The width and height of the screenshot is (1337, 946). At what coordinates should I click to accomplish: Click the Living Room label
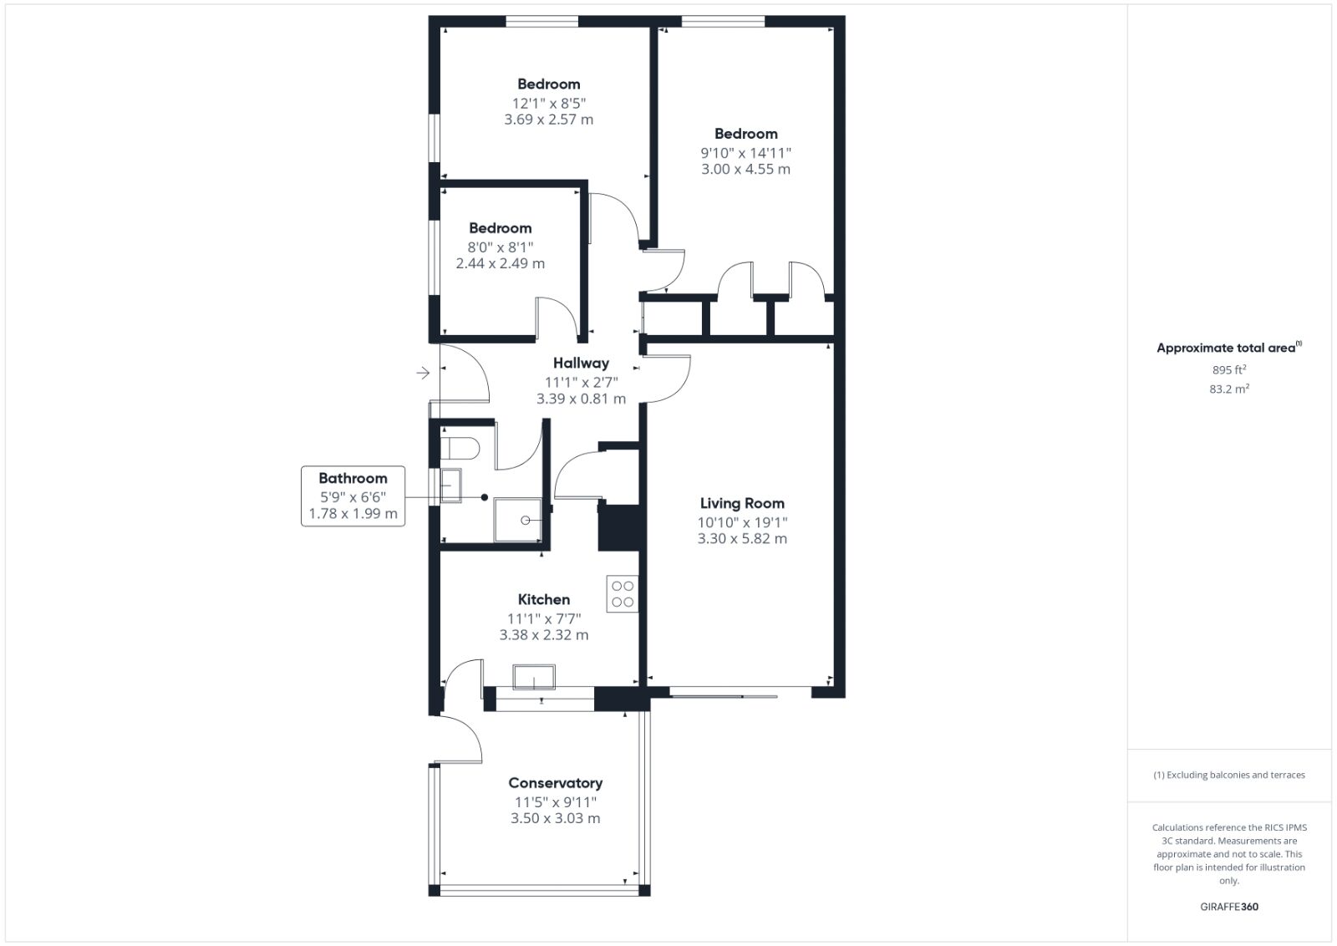point(742,504)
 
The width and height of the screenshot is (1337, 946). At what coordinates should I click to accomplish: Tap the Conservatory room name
point(555,783)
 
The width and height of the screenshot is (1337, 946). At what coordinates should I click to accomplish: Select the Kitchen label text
point(544,599)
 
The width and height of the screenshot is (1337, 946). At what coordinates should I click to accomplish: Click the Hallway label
point(581,364)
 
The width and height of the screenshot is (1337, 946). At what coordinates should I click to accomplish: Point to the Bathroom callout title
point(353,478)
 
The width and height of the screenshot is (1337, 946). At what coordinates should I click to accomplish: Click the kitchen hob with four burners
point(623,594)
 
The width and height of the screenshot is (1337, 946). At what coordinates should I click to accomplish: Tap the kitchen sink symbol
point(534,678)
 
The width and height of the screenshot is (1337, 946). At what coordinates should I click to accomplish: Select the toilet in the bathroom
point(460,448)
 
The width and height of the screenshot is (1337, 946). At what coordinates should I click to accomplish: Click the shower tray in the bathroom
point(517,520)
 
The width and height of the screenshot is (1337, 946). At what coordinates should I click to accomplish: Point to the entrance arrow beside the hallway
point(423,373)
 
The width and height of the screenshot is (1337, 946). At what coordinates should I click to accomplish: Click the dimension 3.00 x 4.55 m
point(745,170)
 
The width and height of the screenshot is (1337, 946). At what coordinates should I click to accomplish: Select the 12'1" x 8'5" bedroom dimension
point(548,104)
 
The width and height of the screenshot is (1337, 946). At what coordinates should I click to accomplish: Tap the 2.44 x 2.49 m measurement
point(501,264)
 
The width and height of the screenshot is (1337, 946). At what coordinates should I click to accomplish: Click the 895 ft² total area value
point(1229,370)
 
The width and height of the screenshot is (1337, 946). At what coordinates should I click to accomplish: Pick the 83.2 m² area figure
point(1229,389)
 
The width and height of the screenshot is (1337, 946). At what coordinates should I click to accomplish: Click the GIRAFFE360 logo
point(1229,907)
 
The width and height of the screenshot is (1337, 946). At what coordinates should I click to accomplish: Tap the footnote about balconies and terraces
point(1229,775)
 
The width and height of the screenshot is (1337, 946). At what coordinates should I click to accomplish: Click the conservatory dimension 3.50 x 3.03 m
point(555,818)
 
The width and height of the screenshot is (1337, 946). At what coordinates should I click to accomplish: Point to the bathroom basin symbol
point(450,486)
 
